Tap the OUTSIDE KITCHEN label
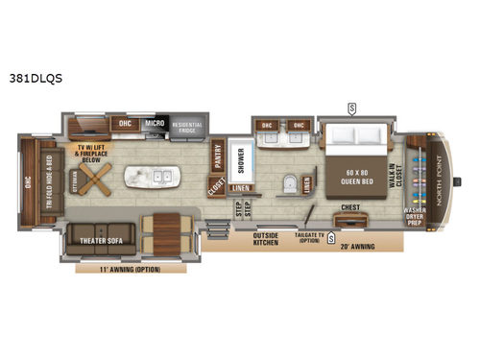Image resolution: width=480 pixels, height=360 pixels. [x=265, y=238]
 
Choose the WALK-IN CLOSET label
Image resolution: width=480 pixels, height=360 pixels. [x=396, y=178]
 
